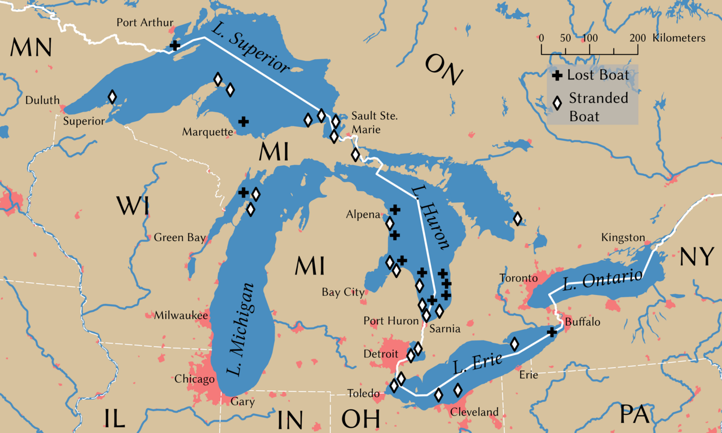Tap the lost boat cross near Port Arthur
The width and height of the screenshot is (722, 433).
tap(175, 45)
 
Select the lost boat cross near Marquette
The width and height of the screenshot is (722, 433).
tap(244, 121)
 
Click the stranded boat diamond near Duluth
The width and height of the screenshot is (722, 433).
tap(112, 97)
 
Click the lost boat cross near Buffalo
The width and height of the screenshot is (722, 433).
tap(552, 333)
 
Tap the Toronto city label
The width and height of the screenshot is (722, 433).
tap(517, 279)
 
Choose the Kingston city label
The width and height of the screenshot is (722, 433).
tap(623, 237)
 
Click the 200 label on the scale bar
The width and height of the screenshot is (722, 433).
tap(637, 38)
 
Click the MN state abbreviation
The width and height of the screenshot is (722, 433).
tap(30, 48)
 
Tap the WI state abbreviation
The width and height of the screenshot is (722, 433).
tap(133, 206)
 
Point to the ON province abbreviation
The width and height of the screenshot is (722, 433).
tap(444, 69)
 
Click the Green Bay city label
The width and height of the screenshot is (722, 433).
tap(180, 237)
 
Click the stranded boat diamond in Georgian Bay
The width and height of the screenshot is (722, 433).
tap(517, 219)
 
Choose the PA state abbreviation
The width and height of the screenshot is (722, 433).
tap(635, 414)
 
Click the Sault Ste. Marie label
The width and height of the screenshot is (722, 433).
tap(374, 122)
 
